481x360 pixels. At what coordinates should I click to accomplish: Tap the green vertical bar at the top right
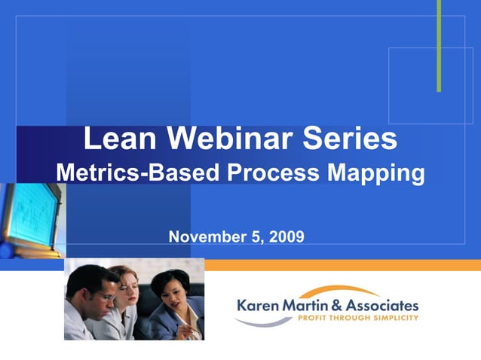[439, 45]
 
